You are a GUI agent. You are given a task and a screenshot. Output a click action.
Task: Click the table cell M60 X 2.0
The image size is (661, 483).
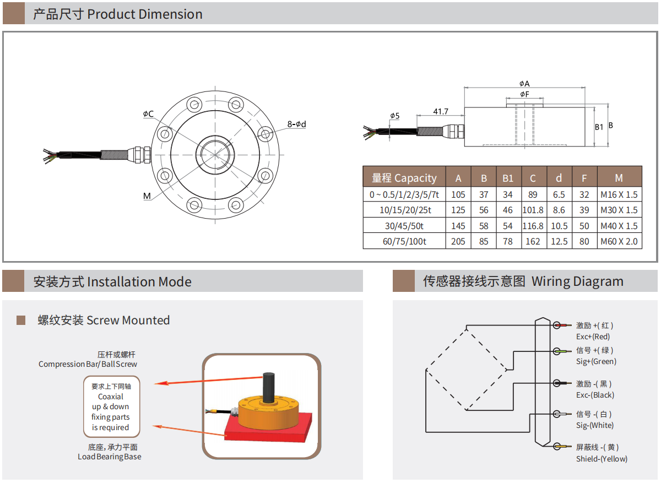(x=619, y=241)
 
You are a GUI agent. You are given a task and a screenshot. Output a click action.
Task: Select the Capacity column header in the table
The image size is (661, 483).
(x=404, y=178)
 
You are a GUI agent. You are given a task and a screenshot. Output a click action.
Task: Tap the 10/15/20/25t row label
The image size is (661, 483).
(x=404, y=210)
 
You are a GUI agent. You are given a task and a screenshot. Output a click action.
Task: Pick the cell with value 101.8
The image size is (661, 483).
(x=533, y=210)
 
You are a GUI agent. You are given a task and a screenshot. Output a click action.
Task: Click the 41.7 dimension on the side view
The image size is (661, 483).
(x=440, y=111)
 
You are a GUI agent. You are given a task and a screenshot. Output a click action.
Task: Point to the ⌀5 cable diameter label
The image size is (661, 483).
(x=394, y=116)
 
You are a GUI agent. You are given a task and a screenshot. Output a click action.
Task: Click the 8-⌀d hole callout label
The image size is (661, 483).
(x=296, y=124)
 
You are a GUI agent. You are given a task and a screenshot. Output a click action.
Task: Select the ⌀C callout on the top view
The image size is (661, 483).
(x=148, y=114)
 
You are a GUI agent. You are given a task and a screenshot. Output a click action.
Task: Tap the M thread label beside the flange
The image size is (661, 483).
(x=147, y=196)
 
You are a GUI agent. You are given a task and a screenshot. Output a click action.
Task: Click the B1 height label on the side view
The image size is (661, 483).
(x=599, y=127)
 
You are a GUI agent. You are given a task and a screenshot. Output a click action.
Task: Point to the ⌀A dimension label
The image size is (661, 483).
(x=524, y=84)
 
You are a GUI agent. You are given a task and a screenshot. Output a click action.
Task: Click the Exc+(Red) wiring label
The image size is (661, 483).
(x=593, y=337)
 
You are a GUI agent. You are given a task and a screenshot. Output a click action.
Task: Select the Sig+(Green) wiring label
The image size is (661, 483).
(x=596, y=361)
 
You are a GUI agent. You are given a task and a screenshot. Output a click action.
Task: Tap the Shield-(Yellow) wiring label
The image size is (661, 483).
(x=602, y=459)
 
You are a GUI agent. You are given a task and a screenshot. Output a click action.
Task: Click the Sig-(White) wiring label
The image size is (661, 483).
(x=594, y=425)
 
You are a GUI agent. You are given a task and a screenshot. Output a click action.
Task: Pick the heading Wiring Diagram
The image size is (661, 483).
(x=577, y=281)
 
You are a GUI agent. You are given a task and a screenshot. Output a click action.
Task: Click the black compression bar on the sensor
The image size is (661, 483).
(x=268, y=387)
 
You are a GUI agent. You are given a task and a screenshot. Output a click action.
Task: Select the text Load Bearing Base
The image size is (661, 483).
(x=109, y=457)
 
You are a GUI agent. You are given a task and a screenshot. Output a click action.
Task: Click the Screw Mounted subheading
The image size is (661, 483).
(x=104, y=320)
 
